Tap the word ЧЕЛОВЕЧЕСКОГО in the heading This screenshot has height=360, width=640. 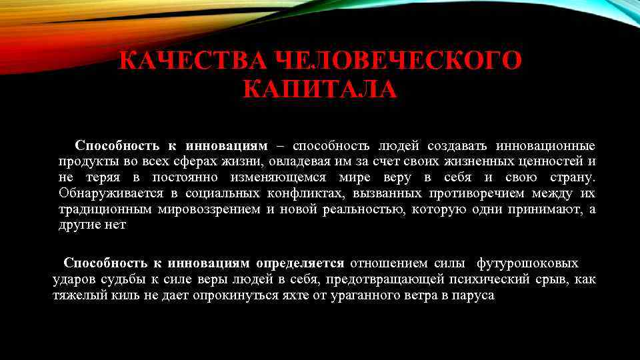[x=399, y=61]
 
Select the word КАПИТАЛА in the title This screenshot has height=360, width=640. [x=321, y=88]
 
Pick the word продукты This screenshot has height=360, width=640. [x=86, y=162]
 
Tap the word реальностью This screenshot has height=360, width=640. [x=363, y=210]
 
